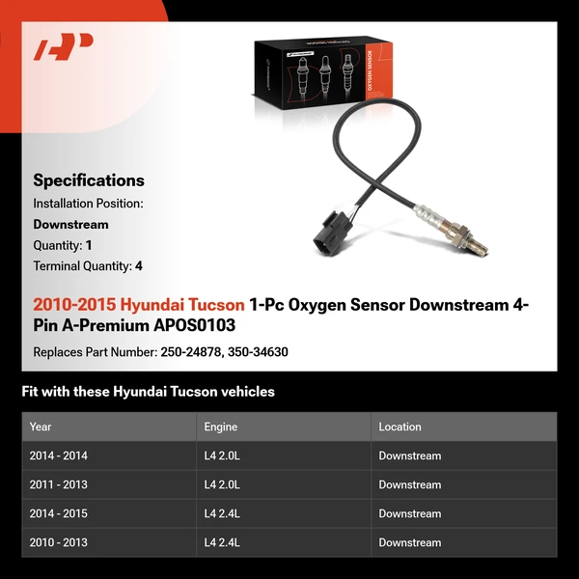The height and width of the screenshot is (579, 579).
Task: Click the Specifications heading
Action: [x=89, y=180]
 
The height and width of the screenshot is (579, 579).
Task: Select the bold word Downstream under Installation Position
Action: [x=70, y=224]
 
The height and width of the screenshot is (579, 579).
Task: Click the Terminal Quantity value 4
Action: [x=139, y=266]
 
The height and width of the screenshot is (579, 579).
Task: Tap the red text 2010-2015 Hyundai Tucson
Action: [x=139, y=305]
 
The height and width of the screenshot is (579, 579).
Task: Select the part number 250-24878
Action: [x=189, y=352]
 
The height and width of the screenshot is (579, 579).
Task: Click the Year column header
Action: [x=41, y=427]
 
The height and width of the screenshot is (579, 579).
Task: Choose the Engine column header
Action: [x=221, y=427]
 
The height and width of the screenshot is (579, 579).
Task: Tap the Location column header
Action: [x=400, y=427]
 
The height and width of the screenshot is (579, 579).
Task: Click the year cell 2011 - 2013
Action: [x=58, y=484]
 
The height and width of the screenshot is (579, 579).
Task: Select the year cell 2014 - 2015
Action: [x=58, y=513]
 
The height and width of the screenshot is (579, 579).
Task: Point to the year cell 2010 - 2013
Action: [x=58, y=542]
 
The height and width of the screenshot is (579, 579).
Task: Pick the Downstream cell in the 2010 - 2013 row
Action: [x=409, y=542]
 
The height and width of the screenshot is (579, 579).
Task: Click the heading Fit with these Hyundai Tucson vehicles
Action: [x=148, y=392]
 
